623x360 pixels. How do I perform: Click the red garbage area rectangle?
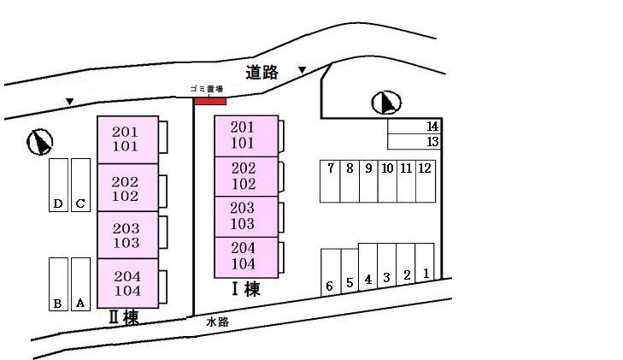point(209,101)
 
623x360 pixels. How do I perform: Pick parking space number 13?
point(414,142)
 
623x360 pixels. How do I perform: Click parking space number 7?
point(330,180)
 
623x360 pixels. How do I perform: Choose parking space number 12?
point(425,180)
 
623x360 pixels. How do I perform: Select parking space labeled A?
point(80,283)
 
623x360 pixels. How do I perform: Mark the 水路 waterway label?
point(217,322)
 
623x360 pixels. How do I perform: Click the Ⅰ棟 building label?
point(245,289)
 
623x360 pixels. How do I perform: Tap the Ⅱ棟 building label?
point(124,318)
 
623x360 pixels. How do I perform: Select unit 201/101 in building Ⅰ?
point(246,136)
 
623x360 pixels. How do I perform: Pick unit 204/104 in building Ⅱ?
point(127,284)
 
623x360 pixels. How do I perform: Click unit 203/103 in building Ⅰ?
point(246,216)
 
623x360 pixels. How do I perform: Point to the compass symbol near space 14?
point(386,103)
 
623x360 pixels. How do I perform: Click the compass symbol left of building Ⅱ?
point(40,141)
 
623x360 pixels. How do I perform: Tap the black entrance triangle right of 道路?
point(302,70)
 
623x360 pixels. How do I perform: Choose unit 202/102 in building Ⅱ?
point(127,188)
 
